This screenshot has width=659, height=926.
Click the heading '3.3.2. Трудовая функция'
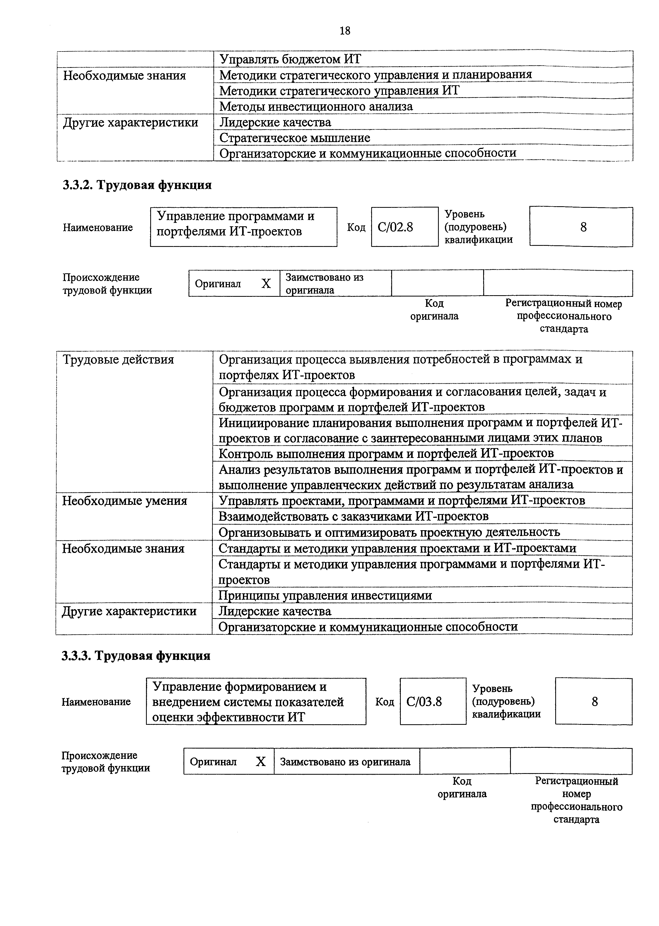pos(137,185)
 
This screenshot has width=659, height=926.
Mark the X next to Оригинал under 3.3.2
pos(266,284)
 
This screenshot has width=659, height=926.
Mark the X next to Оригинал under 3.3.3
pos(261,762)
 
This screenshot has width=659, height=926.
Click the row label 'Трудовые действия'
pos(118,360)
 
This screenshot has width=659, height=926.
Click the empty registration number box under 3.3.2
pos(558,283)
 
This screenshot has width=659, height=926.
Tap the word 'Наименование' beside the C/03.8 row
pos(96,702)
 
